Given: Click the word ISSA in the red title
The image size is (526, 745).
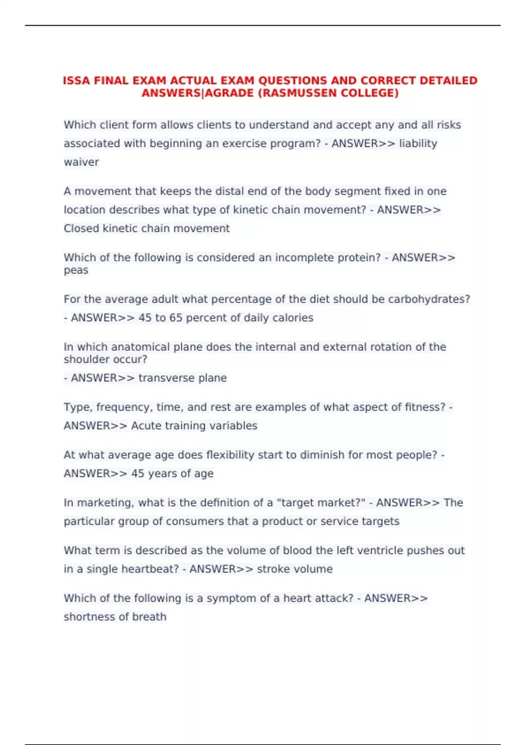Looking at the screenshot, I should point(77,81).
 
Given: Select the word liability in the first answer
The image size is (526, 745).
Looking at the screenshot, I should point(418,144).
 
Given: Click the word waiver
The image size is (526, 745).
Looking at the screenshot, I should point(81,162).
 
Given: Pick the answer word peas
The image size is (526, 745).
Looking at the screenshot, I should point(76,270).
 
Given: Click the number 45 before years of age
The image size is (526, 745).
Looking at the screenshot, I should point(138,474).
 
